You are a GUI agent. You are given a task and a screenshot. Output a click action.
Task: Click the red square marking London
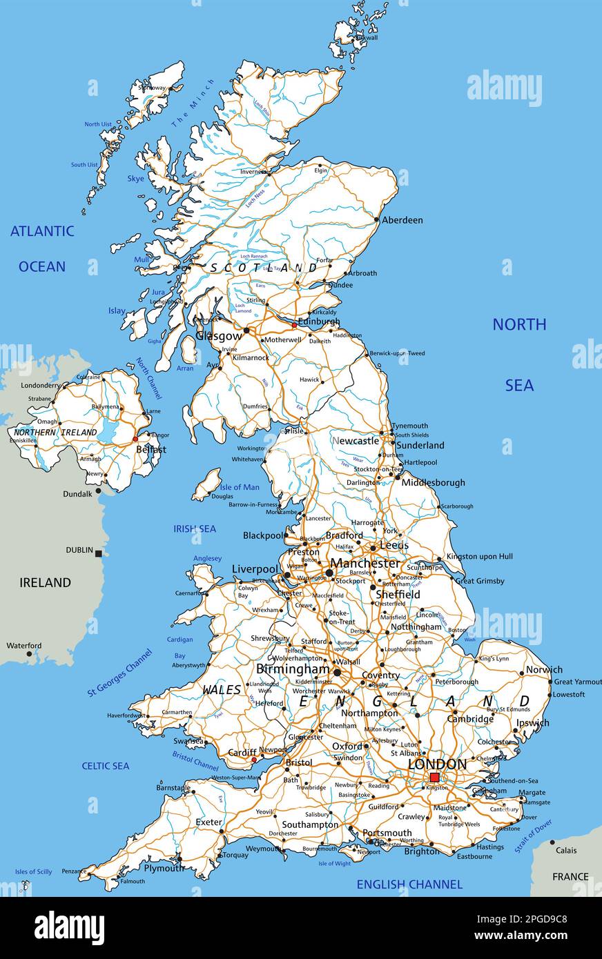pyautogui.click(x=434, y=778)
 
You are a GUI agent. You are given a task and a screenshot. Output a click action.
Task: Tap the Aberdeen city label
pyautogui.click(x=402, y=220)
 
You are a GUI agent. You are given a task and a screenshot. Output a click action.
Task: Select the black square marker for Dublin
pyautogui.click(x=99, y=553)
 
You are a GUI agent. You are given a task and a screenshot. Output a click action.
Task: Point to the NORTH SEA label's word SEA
pyautogui.click(x=519, y=385)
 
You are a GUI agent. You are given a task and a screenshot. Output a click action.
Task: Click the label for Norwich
pyautogui.click(x=544, y=669)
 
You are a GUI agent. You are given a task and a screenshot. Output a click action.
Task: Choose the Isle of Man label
pyautogui.click(x=240, y=487)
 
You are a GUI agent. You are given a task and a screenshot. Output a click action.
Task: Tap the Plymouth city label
pyautogui.click(x=164, y=868)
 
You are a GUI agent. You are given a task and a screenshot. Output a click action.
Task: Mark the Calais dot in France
pyautogui.click(x=552, y=842)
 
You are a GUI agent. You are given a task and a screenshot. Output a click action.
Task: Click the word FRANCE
pyautogui.click(x=570, y=877)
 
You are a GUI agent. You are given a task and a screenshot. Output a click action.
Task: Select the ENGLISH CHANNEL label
pyautogui.click(x=409, y=884)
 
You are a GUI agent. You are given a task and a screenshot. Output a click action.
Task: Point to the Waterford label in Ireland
pyautogui.click(x=24, y=646)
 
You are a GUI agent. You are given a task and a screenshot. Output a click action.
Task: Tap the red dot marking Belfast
pyautogui.click(x=135, y=439)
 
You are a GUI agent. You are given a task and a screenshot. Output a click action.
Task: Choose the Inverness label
pyautogui.click(x=253, y=172)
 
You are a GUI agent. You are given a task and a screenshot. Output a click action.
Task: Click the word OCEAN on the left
pyautogui.click(x=42, y=266)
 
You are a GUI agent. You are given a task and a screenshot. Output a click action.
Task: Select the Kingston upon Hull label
pyautogui.click(x=480, y=556)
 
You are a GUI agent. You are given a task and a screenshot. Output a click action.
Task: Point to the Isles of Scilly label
pyautogui.click(x=34, y=872)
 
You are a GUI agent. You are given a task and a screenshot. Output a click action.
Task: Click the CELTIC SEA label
pyautogui.click(x=106, y=766)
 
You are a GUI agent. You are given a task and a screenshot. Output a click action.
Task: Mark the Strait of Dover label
pyautogui.click(x=534, y=836)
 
